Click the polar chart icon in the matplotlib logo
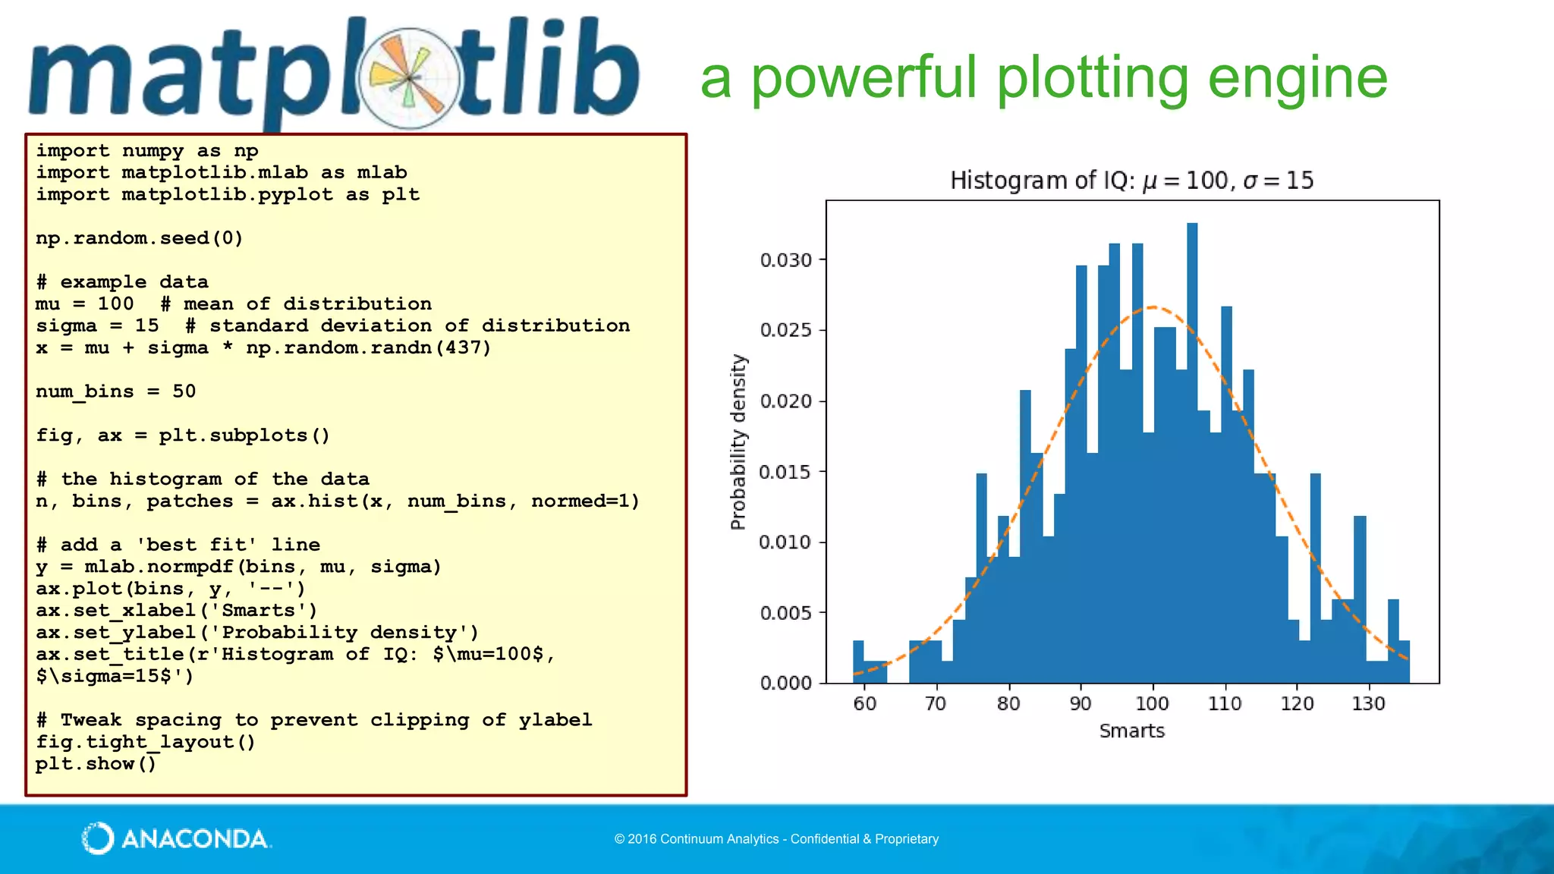(409, 78)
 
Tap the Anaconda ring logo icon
(98, 838)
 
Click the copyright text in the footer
(776, 839)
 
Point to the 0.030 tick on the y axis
(786, 260)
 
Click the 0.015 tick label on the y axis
(786, 472)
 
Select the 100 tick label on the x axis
(1152, 704)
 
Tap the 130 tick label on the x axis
(1368, 704)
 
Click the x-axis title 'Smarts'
(1131, 731)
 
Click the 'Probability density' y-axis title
(738, 442)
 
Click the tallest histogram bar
(1192, 455)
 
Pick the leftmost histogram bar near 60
(858, 662)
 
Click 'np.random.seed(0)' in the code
(140, 238)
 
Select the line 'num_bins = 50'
(115, 391)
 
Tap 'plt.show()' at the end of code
(96, 763)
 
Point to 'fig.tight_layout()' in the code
(146, 741)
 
